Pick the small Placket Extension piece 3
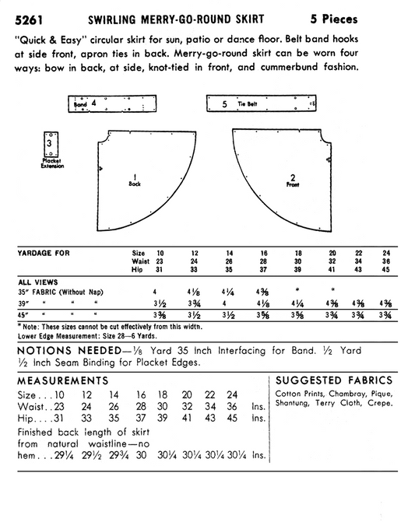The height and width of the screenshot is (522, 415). (x=50, y=144)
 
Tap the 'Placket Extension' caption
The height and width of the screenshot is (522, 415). (x=51, y=164)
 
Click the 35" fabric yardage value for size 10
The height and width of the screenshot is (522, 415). (x=160, y=291)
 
